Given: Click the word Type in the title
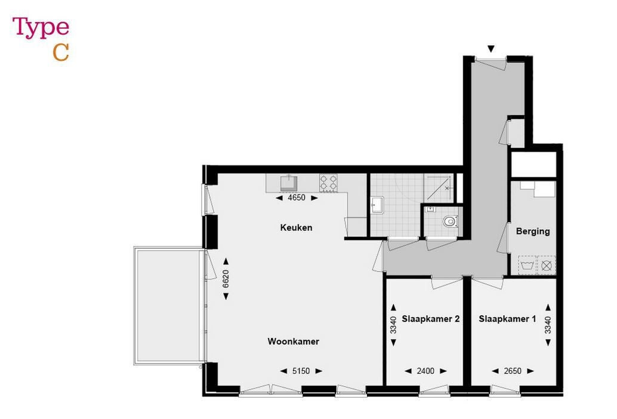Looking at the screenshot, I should point(41,28).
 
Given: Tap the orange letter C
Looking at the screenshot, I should point(61,53).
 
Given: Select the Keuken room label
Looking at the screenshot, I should point(297,227).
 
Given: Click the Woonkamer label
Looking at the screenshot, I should point(293,341).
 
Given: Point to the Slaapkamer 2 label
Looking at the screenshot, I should point(430,319).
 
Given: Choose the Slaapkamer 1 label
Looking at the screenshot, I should point(507,319).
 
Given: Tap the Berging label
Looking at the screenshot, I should point(533,232).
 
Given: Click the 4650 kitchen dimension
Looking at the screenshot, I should point(297,198).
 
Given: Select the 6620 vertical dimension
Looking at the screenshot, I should point(226,280).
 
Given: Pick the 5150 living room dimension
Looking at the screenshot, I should point(301,371).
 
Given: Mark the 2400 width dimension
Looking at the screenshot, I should point(425,371).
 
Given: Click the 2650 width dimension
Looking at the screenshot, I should point(512,371).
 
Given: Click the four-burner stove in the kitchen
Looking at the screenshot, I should point(328,183).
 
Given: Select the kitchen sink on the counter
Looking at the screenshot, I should point(289,181).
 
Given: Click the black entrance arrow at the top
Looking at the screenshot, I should point(491,49).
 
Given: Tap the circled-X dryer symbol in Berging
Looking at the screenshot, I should point(547,264).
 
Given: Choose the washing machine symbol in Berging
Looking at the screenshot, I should point(527,264).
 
